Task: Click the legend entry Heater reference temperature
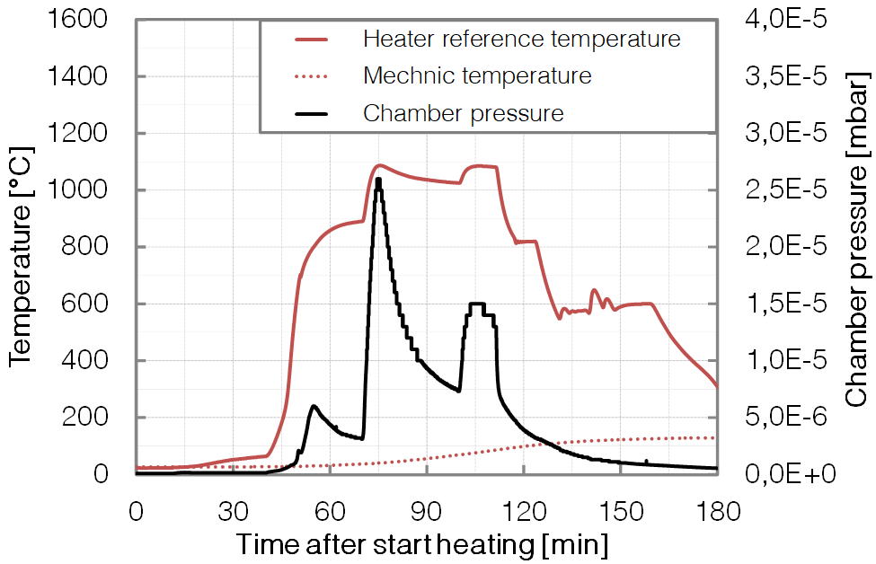pyautogui.click(x=521, y=40)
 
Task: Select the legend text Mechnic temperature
pyautogui.click(x=477, y=75)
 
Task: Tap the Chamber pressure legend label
pyautogui.click(x=463, y=113)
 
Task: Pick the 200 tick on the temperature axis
pyautogui.click(x=88, y=418)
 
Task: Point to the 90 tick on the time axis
pyautogui.click(x=427, y=512)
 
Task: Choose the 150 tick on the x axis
pyautogui.click(x=620, y=512)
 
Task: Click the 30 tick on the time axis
pyautogui.click(x=233, y=512)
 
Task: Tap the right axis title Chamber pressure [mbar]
pyautogui.click(x=857, y=246)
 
